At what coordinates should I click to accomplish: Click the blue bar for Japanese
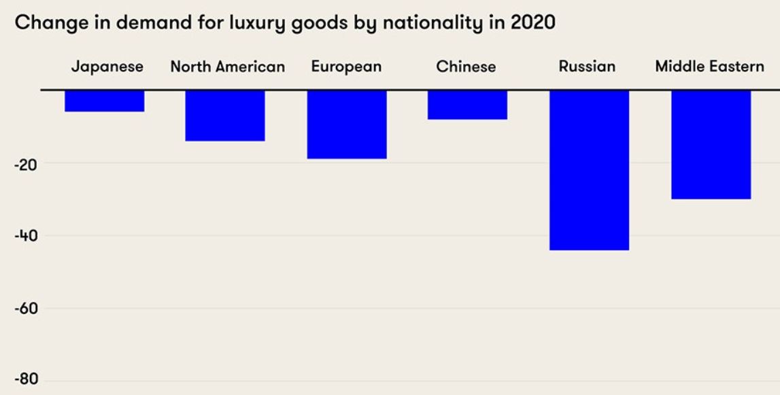pos(105,101)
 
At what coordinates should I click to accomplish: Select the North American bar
pos(225,116)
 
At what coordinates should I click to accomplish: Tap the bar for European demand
pos(347,124)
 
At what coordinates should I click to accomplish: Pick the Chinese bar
pos(467,105)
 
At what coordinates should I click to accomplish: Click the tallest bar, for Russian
pos(589,170)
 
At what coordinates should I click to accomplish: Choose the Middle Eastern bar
pos(711,144)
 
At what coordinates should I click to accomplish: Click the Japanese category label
pos(107,67)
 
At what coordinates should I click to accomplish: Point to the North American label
pos(227,67)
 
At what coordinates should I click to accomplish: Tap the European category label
pos(346,67)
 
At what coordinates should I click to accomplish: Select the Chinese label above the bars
pos(466,67)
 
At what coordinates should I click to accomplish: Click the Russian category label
pos(587,67)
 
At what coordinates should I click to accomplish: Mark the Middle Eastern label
pos(709,67)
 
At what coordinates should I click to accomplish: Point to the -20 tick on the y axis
pos(27,164)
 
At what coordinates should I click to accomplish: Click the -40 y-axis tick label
pos(27,237)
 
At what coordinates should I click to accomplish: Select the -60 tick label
pos(27,309)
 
